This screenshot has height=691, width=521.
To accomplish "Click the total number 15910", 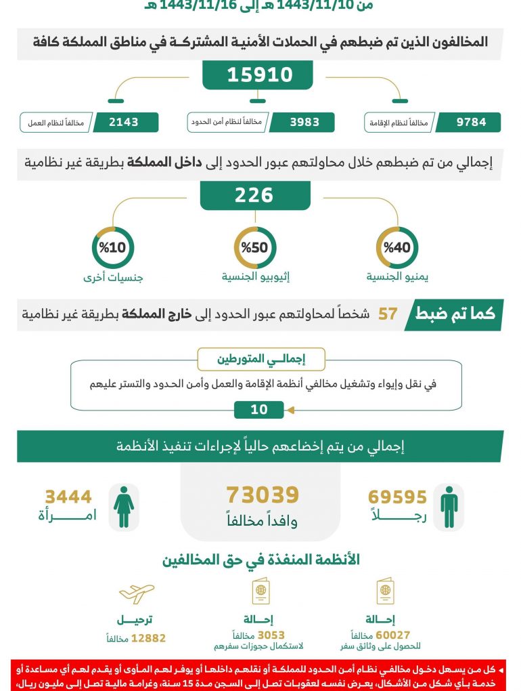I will [260, 75].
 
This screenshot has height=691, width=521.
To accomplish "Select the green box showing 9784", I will [468, 123].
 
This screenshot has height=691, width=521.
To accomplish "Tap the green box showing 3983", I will [304, 123].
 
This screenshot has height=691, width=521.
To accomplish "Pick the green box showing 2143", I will [124, 123].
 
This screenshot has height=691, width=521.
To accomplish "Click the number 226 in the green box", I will [254, 196].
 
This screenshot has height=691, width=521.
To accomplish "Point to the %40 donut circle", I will [397, 248].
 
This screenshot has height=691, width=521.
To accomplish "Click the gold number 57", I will [387, 315].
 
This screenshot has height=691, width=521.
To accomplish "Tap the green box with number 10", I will [259, 410].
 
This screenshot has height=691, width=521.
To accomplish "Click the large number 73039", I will [263, 495].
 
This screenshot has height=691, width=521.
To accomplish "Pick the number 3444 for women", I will [68, 498].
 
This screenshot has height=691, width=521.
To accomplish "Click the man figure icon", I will [449, 507].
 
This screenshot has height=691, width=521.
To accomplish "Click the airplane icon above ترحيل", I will [137, 593].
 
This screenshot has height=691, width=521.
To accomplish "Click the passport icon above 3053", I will [261, 592].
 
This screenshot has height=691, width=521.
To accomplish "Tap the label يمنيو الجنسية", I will [397, 277].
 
